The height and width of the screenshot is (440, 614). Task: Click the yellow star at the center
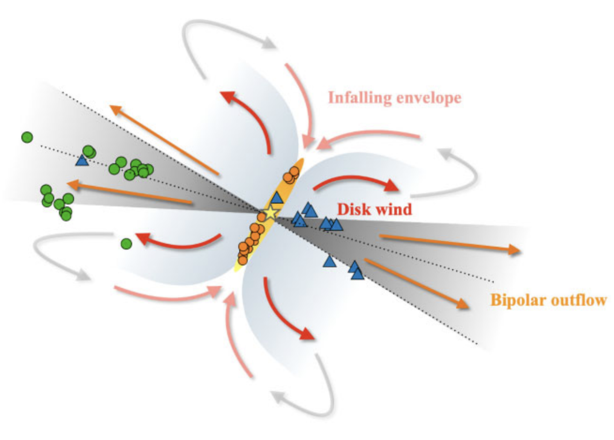pyautogui.click(x=270, y=213)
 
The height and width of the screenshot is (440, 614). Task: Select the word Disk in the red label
pyautogui.click(x=353, y=209)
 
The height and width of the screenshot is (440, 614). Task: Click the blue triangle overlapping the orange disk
pyautogui.click(x=276, y=197)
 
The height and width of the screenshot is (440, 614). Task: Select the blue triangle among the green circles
pyautogui.click(x=82, y=161)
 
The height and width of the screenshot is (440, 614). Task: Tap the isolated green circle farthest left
pyautogui.click(x=27, y=137)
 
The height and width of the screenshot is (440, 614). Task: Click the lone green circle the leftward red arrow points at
pyautogui.click(x=127, y=244)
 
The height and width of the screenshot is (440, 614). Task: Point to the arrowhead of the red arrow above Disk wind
pyautogui.click(x=392, y=185)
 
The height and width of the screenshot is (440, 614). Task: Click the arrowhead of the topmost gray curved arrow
pyautogui.click(x=269, y=42)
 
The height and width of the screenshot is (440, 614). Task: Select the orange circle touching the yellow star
pyautogui.click(x=262, y=217)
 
